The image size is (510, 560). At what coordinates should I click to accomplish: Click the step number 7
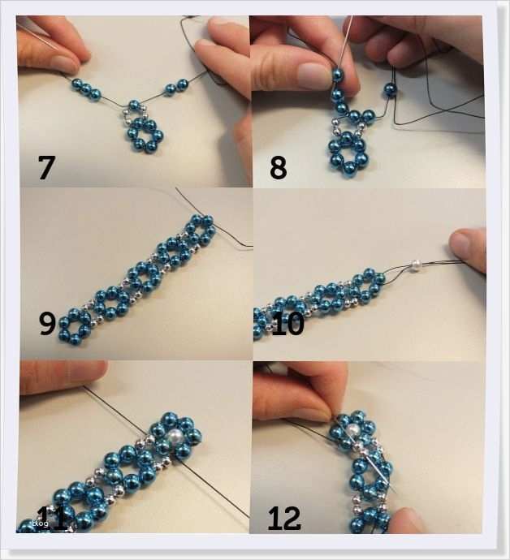[x=46, y=167]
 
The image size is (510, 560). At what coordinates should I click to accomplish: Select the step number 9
[x=47, y=323]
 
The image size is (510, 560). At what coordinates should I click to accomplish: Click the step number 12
[x=284, y=518]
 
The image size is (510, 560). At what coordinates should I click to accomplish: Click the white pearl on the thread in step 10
[x=415, y=265]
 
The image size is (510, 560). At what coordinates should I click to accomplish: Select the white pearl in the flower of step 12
[x=352, y=430]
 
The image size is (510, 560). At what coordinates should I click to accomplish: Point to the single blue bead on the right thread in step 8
[x=391, y=88]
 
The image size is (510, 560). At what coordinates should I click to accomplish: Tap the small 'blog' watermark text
[x=40, y=523]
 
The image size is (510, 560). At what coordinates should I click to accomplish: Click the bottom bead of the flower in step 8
[x=347, y=170]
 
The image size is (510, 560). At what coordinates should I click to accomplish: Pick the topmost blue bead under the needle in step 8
[x=337, y=75]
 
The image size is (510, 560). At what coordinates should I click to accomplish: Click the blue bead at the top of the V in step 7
[x=134, y=106]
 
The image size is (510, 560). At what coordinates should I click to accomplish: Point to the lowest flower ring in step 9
[x=75, y=326]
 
